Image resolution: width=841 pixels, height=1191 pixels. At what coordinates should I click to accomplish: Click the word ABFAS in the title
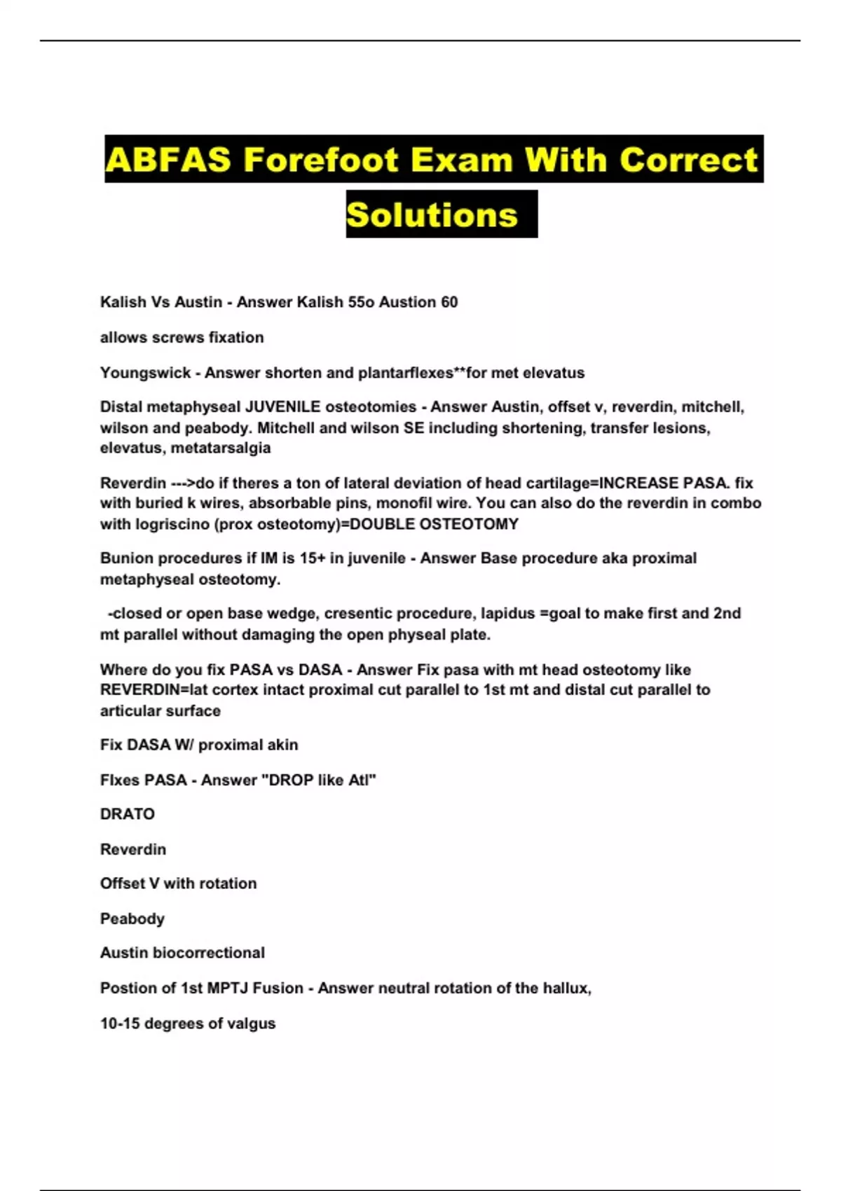(x=167, y=160)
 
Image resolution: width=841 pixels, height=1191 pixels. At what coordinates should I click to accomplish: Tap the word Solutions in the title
(x=432, y=214)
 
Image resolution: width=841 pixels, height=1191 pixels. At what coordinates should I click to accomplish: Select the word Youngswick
(x=145, y=373)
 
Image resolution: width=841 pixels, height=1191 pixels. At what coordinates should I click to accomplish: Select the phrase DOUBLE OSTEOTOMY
(x=434, y=524)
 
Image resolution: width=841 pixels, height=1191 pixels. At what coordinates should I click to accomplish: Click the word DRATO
(x=128, y=814)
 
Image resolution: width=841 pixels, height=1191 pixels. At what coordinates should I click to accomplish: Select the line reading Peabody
(x=132, y=918)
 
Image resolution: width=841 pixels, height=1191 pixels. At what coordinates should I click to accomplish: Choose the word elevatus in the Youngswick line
(x=554, y=373)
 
